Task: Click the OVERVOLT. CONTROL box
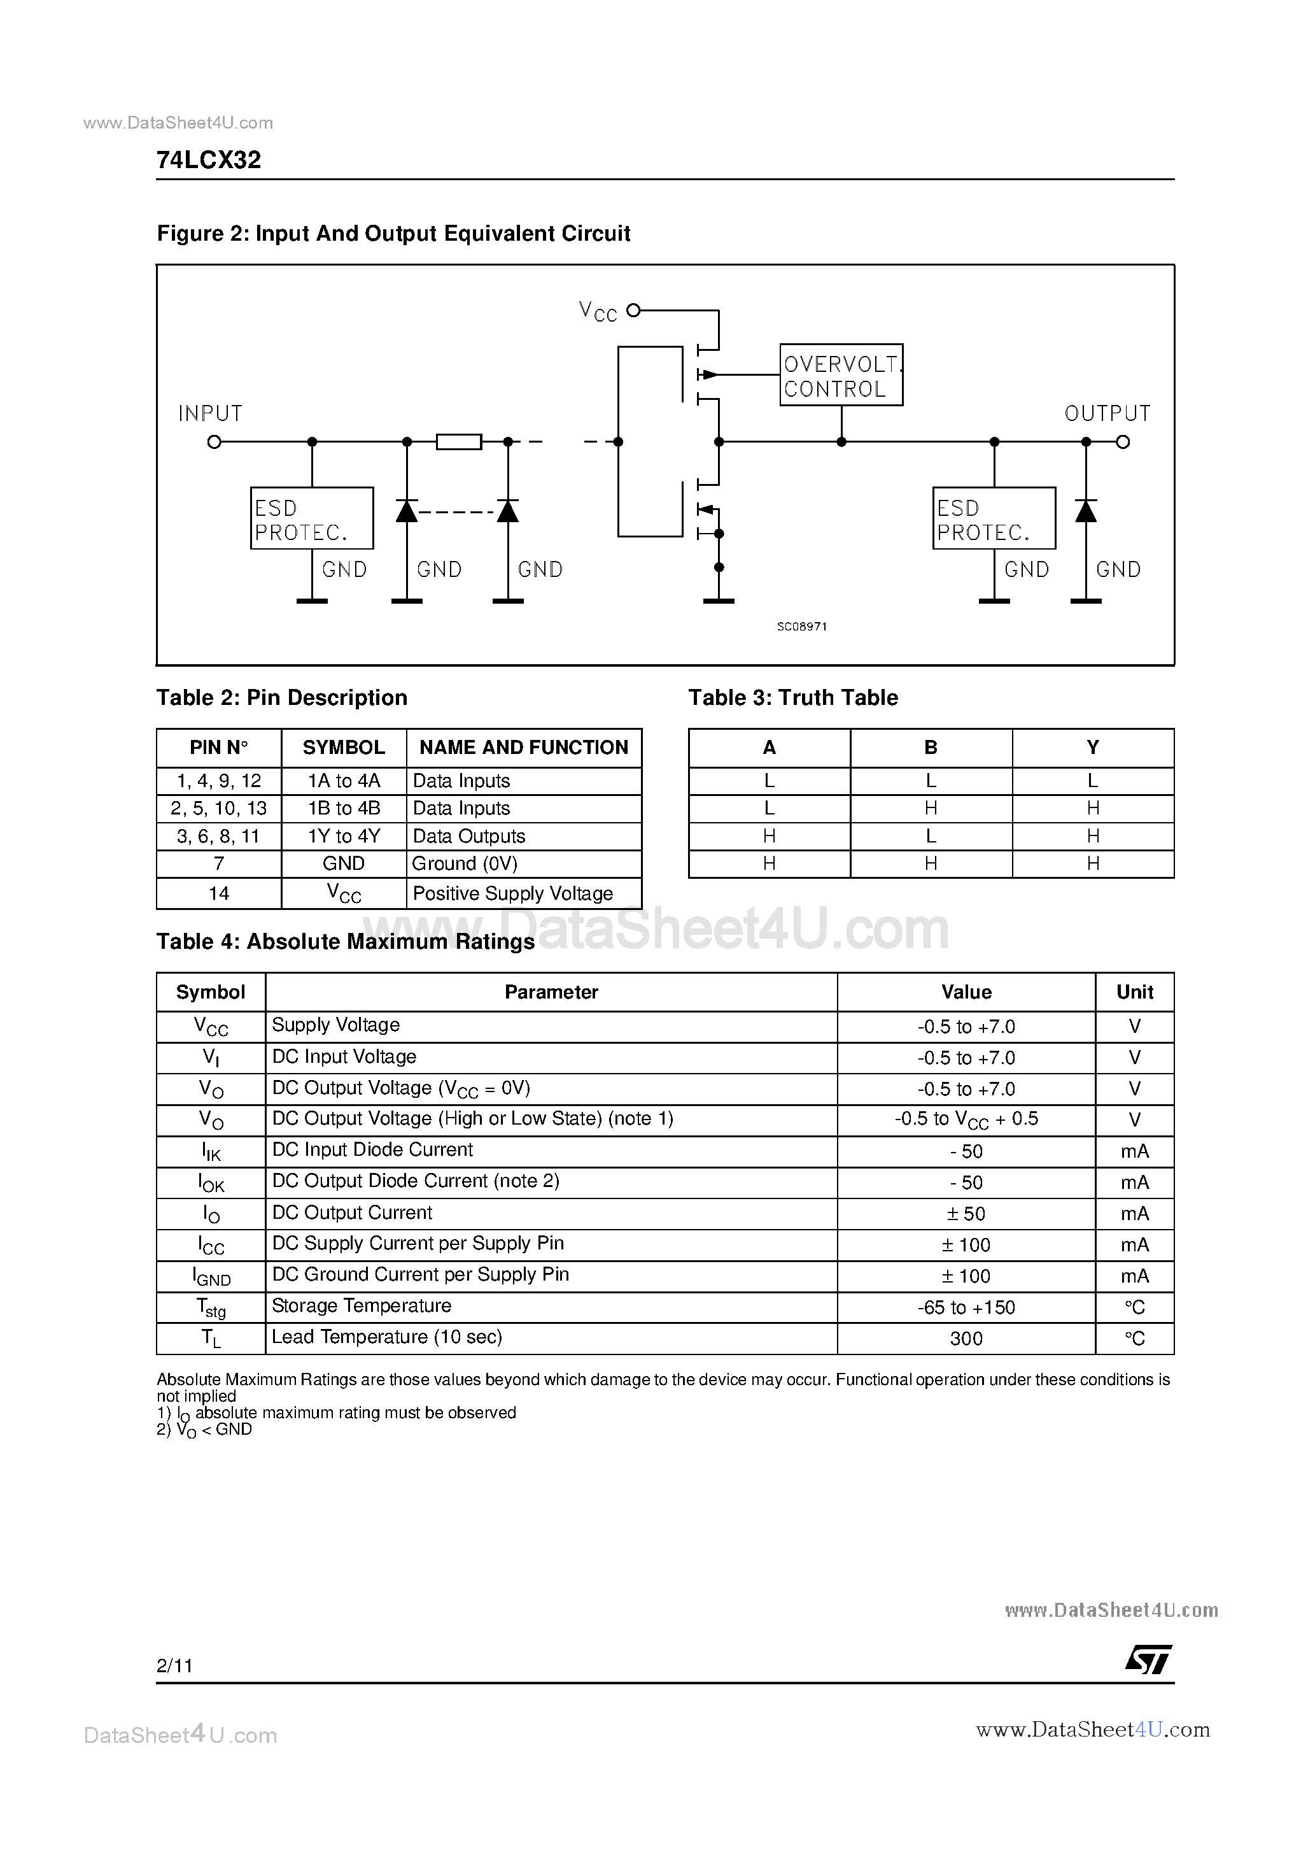click(x=841, y=374)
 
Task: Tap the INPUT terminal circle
click(x=214, y=442)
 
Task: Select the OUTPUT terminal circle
click(x=1123, y=442)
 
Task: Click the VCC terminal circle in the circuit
click(x=634, y=309)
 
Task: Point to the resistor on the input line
click(x=459, y=442)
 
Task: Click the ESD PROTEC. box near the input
click(x=311, y=518)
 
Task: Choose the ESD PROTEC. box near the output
click(x=994, y=518)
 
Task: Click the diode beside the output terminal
click(x=1086, y=511)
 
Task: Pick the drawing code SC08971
click(x=802, y=627)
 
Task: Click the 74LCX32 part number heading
click(x=208, y=160)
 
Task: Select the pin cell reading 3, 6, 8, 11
click(x=218, y=836)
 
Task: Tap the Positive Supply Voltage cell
click(x=512, y=893)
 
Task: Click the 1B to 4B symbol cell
click(x=344, y=809)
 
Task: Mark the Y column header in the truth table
click(x=1092, y=748)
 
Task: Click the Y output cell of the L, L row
click(x=1092, y=781)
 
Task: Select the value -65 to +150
click(x=966, y=1307)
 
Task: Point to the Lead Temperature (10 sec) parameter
click(x=387, y=1337)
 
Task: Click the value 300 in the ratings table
click(x=966, y=1339)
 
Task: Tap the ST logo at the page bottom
click(x=1148, y=1660)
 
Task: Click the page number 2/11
click(x=174, y=1666)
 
